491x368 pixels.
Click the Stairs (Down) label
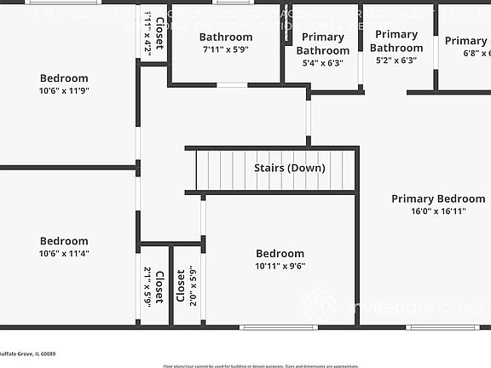coord(290,168)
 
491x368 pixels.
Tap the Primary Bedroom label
coord(438,198)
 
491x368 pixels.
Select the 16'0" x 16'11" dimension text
coord(438,211)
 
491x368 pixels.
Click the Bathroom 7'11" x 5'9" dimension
coord(226,50)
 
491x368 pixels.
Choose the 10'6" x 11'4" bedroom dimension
coord(64,253)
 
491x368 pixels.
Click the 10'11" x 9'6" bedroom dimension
coord(280,266)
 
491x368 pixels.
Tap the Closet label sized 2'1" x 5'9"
coord(153,287)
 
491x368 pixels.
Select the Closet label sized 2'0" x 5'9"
coord(181,287)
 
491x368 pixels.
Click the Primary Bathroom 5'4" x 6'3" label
coord(322,44)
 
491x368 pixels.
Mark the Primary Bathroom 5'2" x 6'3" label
coord(396,41)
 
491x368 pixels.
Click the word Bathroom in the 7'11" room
coord(226,37)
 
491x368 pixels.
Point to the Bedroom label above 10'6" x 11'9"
coord(64,78)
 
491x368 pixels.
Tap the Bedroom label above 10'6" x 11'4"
coord(64,241)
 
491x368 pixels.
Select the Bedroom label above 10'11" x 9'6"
coord(280,253)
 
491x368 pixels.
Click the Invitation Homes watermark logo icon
coord(319,305)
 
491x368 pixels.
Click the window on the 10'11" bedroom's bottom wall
coord(266,326)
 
